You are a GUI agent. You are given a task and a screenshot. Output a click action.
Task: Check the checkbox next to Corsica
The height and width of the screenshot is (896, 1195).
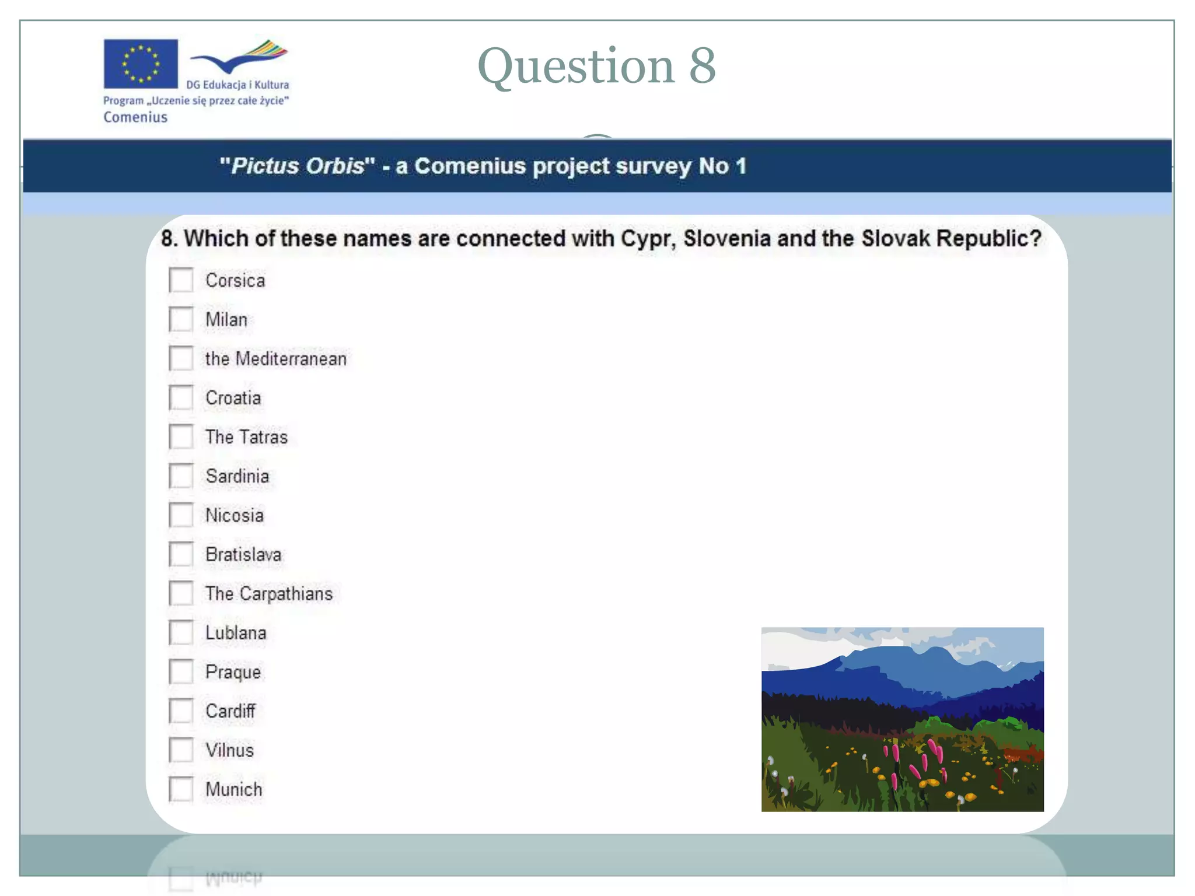point(181,280)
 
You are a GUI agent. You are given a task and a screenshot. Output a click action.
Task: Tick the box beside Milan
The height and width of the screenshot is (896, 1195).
point(181,319)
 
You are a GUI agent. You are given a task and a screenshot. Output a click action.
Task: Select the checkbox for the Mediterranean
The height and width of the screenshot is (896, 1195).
point(181,358)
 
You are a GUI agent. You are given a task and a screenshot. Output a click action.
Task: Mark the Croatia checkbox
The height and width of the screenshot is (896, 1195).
point(181,398)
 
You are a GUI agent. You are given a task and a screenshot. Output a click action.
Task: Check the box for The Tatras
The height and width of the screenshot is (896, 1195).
point(181,437)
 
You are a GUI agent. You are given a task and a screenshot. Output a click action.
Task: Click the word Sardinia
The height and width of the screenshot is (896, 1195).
point(237,476)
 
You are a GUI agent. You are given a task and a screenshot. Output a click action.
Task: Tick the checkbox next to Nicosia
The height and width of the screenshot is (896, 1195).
point(181,515)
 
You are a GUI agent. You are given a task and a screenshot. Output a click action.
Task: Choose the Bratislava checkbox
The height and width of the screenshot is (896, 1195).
point(181,554)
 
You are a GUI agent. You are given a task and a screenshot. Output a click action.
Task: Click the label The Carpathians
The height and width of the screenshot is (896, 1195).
point(269,594)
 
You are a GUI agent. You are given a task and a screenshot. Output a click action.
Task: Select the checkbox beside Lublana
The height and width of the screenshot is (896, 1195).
point(181,632)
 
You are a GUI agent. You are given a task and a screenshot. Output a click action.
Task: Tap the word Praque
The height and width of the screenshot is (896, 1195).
point(233,672)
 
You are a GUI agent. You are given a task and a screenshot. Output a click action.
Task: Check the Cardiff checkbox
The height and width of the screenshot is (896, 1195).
point(181,710)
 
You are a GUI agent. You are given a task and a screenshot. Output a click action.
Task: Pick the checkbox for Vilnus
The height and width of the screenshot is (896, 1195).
point(181,750)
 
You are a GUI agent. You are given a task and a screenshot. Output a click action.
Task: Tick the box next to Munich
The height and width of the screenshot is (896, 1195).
point(181,789)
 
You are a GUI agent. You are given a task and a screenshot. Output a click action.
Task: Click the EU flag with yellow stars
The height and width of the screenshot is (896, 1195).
point(141,64)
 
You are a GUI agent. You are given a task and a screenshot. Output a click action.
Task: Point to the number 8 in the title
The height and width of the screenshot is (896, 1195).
point(702,65)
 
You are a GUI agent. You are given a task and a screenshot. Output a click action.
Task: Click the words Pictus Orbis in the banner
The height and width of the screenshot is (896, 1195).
point(298,166)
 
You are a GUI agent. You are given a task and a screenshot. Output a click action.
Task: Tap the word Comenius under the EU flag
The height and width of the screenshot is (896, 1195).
point(135,117)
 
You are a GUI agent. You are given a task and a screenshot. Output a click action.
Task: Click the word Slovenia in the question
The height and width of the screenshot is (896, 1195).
point(727,239)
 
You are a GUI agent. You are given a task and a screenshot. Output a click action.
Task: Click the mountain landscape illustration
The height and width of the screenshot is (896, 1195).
point(902,719)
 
